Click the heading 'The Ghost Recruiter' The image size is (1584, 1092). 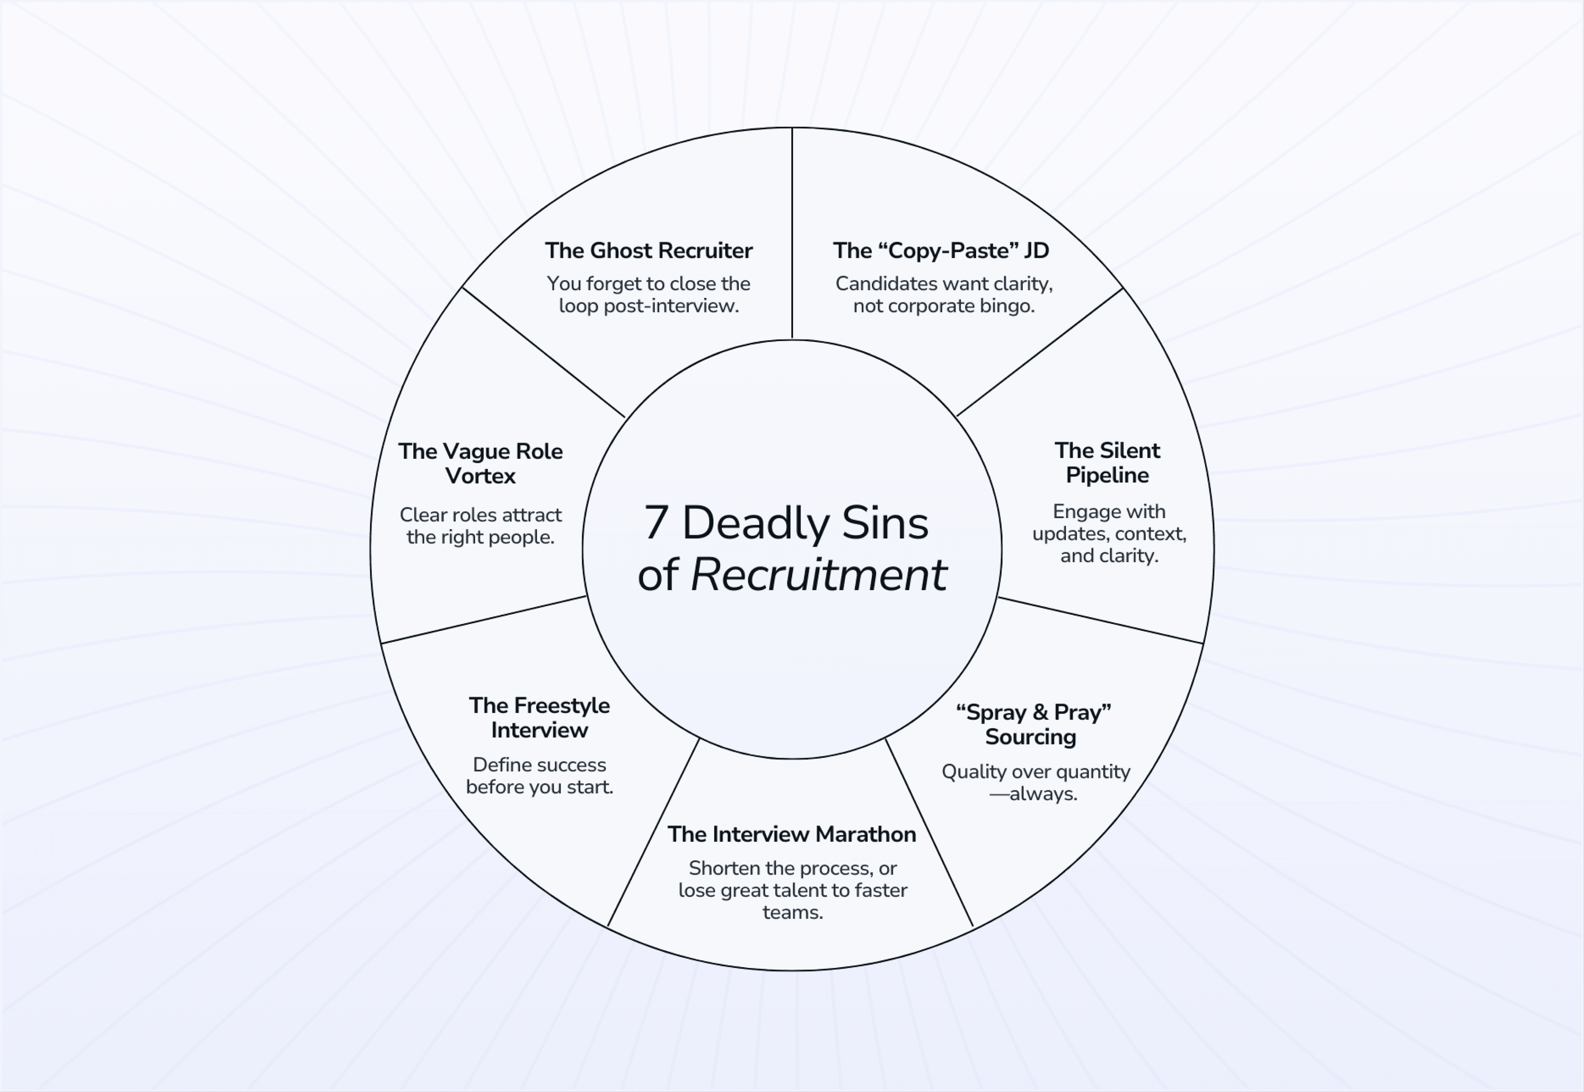(648, 251)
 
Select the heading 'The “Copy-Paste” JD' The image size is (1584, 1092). (941, 251)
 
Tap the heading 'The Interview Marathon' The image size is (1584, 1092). (791, 835)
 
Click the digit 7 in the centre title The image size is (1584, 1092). (656, 523)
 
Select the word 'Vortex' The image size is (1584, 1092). (480, 476)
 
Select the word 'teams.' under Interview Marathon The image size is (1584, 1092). (793, 913)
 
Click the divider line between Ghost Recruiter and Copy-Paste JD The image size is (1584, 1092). (792, 233)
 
